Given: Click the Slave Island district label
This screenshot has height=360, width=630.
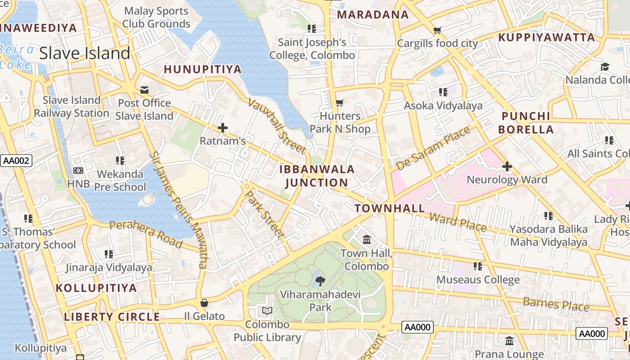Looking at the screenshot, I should [85, 53].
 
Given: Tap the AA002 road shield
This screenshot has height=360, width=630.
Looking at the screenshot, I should [16, 161].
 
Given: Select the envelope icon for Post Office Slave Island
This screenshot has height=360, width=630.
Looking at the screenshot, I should [144, 90].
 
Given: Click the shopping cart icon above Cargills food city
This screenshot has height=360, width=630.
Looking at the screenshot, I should [436, 31].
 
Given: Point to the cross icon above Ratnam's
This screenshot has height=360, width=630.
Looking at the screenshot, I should [222, 128].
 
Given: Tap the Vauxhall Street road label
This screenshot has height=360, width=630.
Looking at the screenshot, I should [277, 126].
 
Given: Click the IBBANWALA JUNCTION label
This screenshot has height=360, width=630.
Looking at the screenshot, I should [317, 176].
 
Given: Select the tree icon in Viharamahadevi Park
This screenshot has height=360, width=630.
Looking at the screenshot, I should [320, 282].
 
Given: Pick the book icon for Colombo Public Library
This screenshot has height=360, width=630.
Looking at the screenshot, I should [267, 311].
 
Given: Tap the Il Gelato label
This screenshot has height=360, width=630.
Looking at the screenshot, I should [204, 316].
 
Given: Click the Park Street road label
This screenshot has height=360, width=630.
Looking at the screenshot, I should [264, 214].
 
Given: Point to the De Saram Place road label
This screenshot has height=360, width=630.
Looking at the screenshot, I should [432, 148].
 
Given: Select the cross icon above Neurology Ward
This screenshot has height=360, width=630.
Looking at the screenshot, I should [507, 167].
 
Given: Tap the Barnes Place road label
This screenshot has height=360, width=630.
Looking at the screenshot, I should [556, 304].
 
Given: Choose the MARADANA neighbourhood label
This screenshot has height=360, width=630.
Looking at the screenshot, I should [373, 15].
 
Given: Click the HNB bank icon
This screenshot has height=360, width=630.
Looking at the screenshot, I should [78, 171].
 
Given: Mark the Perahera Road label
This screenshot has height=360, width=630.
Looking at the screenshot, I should [146, 234].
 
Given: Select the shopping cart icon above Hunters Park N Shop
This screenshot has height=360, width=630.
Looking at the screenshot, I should [340, 103].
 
